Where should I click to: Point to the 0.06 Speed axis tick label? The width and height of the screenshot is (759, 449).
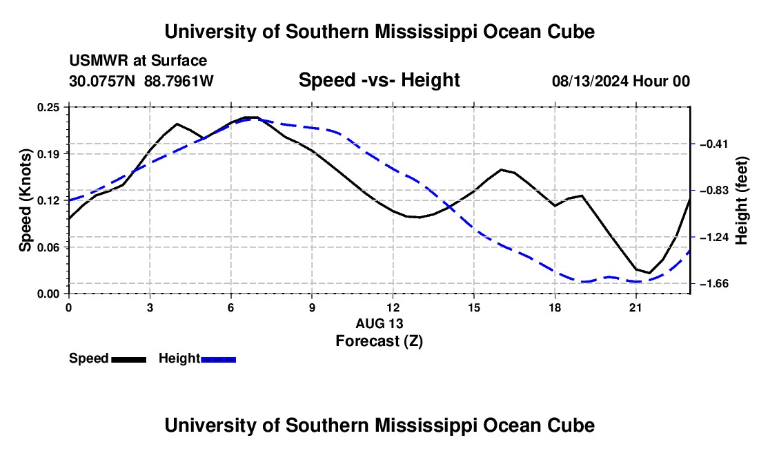(x=48, y=247)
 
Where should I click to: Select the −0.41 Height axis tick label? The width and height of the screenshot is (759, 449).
(x=714, y=144)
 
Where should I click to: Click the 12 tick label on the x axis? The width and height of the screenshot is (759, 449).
(x=393, y=307)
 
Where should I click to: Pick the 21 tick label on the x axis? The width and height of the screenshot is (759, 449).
(x=635, y=307)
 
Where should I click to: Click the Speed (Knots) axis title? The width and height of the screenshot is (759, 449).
(x=25, y=200)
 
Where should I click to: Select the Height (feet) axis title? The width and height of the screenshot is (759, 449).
(x=741, y=200)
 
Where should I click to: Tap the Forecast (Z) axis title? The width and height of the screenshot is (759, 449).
(x=379, y=341)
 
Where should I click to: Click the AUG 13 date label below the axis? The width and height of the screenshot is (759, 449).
(x=379, y=323)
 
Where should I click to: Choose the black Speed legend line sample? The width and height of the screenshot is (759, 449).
(x=129, y=360)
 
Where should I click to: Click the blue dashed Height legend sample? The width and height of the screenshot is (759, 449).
(x=218, y=360)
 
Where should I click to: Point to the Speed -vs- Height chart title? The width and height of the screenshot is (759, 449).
(x=379, y=80)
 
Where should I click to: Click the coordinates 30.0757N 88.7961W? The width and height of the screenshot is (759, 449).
(x=141, y=81)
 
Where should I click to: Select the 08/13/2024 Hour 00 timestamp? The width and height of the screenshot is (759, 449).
(x=621, y=81)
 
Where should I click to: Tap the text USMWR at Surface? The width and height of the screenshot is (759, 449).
(x=138, y=61)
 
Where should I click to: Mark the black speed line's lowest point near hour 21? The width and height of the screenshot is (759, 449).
(x=649, y=273)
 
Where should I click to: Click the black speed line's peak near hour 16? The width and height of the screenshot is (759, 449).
(x=501, y=169)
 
